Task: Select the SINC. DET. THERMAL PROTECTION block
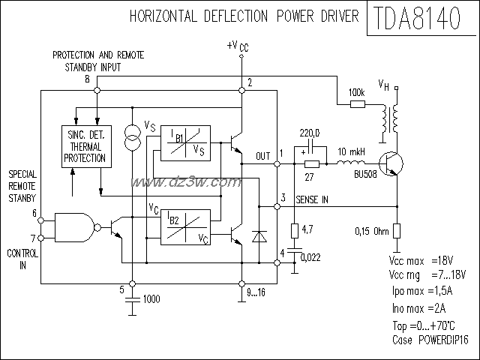84,145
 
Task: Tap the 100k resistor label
358,93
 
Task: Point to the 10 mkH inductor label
351,151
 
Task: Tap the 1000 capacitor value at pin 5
151,298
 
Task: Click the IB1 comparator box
181,142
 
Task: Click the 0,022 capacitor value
311,256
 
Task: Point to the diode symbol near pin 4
259,235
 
